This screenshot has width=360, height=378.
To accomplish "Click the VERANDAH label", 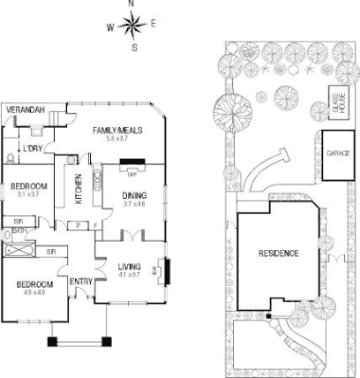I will [x=24, y=110].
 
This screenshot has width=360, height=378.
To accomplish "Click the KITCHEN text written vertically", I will [x=78, y=189].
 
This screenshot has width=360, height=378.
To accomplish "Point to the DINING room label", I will [x=133, y=195].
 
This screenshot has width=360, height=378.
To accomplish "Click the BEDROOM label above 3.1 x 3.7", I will [x=29, y=186].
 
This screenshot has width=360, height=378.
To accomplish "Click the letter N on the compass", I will [x=132, y=5].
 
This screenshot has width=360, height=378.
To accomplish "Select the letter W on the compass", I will [x=111, y=26].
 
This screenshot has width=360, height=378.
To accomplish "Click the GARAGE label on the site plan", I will [x=338, y=153].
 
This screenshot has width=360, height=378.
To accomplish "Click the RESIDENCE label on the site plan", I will [x=278, y=253].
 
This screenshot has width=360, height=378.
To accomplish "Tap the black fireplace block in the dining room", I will [x=132, y=163].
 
